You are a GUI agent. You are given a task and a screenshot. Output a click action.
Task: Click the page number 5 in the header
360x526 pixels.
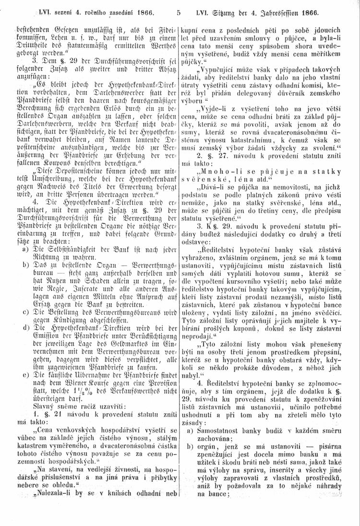pos(178,8)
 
